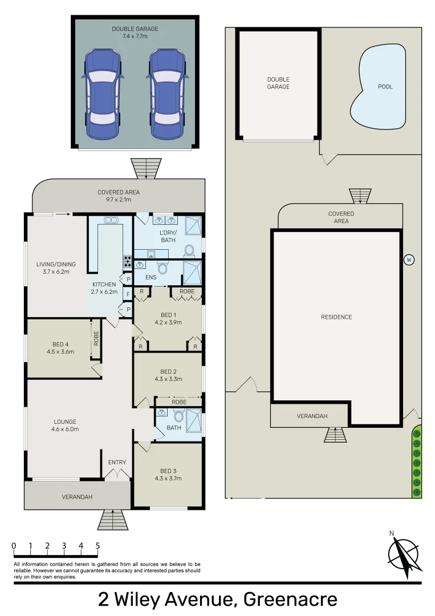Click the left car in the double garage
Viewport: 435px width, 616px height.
pos(103,94)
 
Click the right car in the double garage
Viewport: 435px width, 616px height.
pos(168,94)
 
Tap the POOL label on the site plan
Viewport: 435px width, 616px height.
pos(385,87)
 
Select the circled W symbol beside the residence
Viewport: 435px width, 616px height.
pos(408,260)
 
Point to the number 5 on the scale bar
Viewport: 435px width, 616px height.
pos(97,546)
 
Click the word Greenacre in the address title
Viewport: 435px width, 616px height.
pos(290,599)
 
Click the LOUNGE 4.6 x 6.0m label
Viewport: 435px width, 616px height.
pos(65,425)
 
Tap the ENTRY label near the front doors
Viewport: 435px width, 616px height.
pos(117,462)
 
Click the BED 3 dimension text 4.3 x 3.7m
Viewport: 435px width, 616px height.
pos(168,478)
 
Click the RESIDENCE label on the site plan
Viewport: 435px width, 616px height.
pos(336,317)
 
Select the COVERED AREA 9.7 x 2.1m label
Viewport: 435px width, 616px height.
pos(119,196)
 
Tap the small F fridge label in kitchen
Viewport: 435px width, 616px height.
pos(128,295)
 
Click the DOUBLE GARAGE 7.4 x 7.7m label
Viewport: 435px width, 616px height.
pos(135,33)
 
